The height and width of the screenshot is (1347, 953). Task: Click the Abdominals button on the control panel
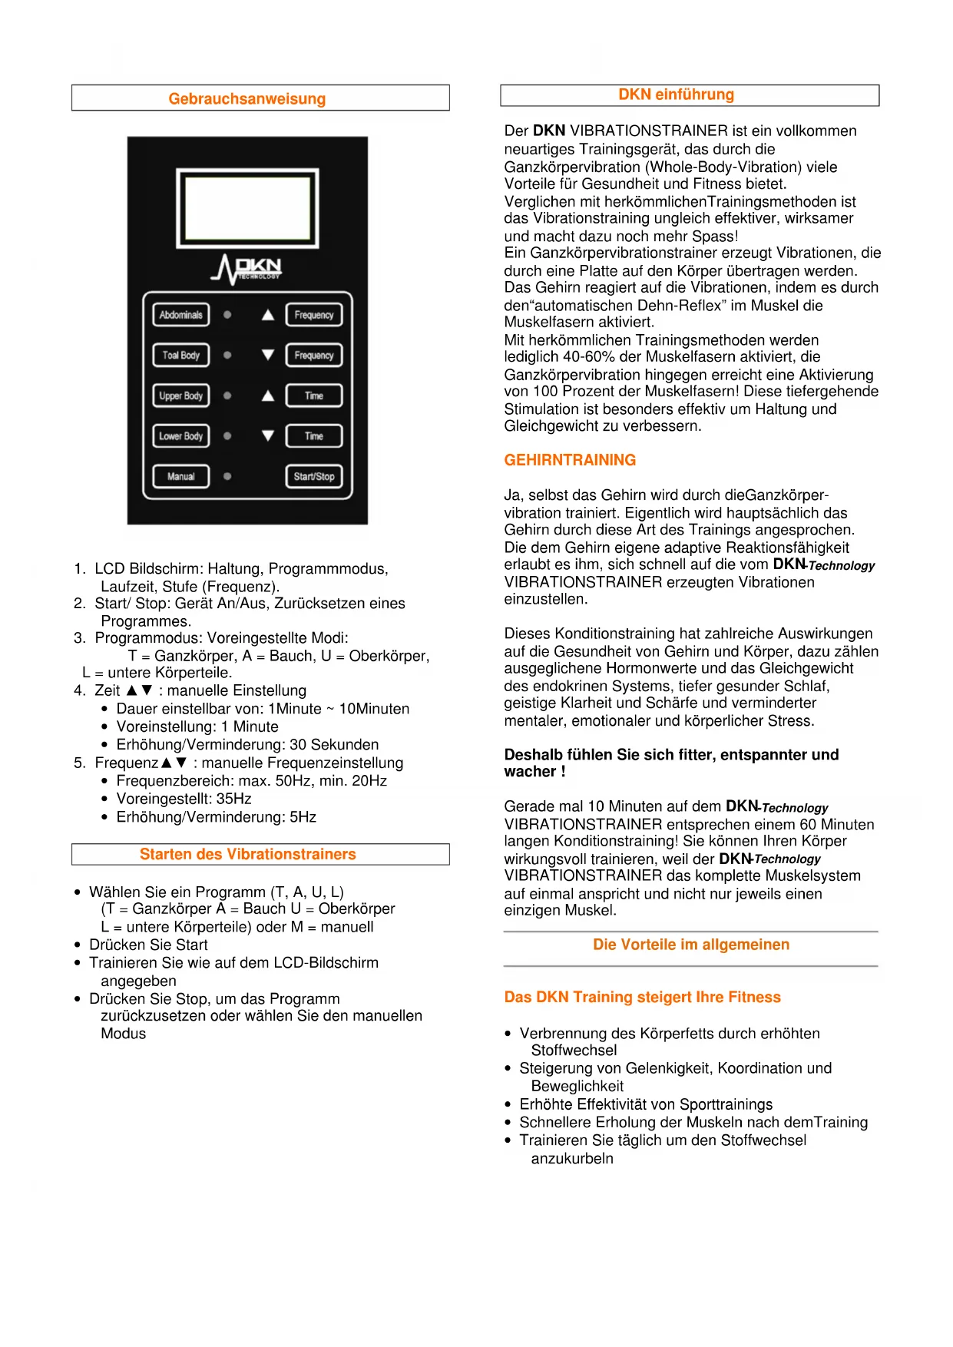(x=180, y=315)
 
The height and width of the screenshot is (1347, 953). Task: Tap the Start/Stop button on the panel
(x=313, y=476)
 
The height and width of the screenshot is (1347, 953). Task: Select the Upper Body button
(x=180, y=395)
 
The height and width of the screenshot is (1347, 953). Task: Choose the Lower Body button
(x=180, y=436)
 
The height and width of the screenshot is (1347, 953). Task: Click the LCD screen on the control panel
(x=247, y=209)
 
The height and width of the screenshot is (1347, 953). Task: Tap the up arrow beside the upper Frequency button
(x=268, y=315)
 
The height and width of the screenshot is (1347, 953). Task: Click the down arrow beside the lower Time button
(x=268, y=436)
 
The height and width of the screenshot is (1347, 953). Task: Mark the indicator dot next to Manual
(x=227, y=476)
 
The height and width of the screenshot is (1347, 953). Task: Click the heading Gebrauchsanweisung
(x=247, y=99)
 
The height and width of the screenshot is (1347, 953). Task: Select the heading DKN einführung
(x=676, y=94)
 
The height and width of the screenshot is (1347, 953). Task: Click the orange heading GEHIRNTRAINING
(x=570, y=460)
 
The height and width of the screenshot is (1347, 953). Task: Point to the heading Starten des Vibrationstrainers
(x=247, y=854)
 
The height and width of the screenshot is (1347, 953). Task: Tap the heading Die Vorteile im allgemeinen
(x=690, y=945)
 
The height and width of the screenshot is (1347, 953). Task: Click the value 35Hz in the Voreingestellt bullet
(x=234, y=799)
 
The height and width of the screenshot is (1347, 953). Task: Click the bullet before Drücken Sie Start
(x=78, y=945)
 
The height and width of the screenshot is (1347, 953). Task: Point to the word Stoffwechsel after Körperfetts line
(x=574, y=1051)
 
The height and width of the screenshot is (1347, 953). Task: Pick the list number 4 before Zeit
(x=79, y=690)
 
